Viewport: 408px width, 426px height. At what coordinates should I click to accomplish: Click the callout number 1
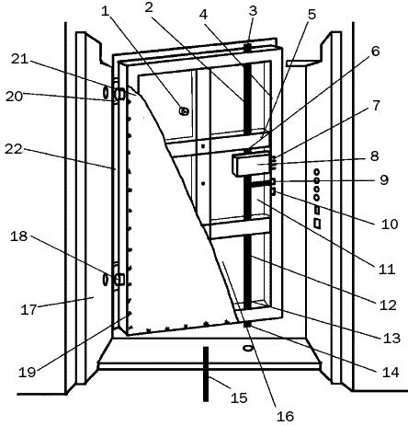[x=107, y=13]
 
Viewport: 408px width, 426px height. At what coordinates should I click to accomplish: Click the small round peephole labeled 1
[x=184, y=110]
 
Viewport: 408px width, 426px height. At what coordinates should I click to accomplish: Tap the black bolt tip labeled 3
[x=248, y=46]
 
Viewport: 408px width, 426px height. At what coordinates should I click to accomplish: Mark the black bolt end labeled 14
[x=246, y=324]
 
